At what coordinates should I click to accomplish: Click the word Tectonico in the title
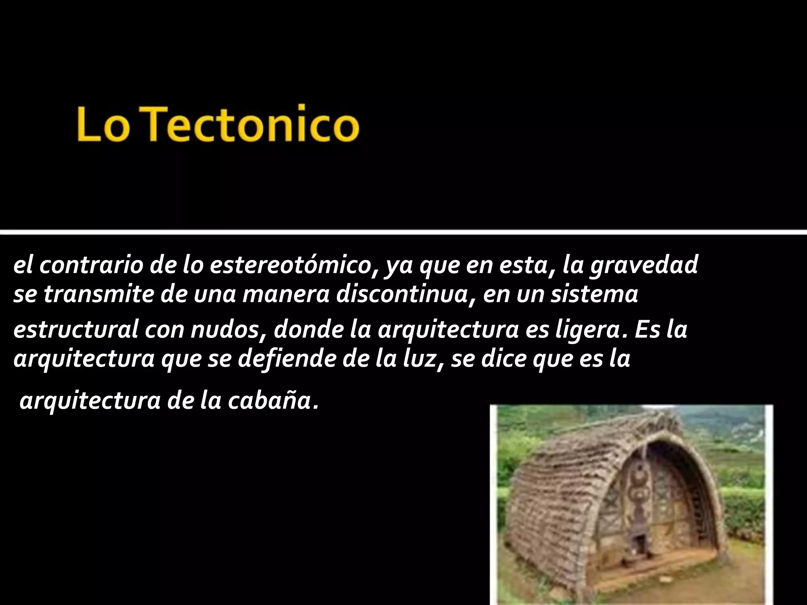pos(254,122)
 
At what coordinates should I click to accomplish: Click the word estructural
pos(75,330)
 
